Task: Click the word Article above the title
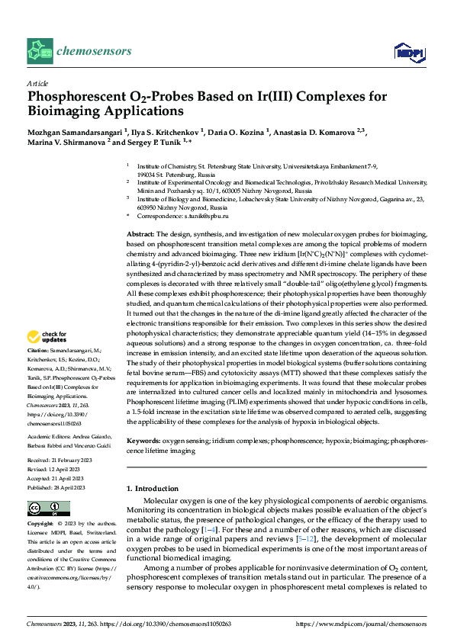(38, 83)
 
